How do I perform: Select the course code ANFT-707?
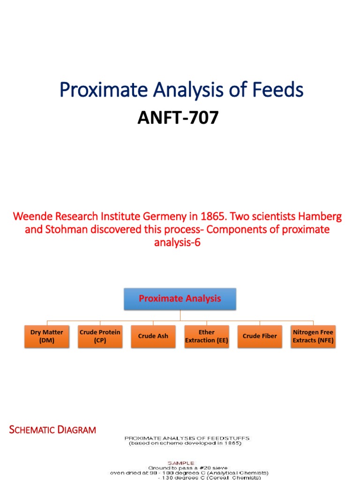coord(178,118)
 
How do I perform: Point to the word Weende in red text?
coord(31,217)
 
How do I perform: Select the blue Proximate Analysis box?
coord(180,299)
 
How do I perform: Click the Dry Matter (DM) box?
coord(46,336)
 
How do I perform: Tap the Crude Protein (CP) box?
coord(100,336)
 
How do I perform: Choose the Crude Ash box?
coord(153,336)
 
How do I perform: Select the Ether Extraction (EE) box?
coord(207,336)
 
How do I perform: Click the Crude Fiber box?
coord(260,336)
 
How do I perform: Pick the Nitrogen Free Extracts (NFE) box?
coord(313,336)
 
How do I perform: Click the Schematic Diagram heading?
coord(52,429)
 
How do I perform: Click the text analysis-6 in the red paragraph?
coord(177,243)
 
